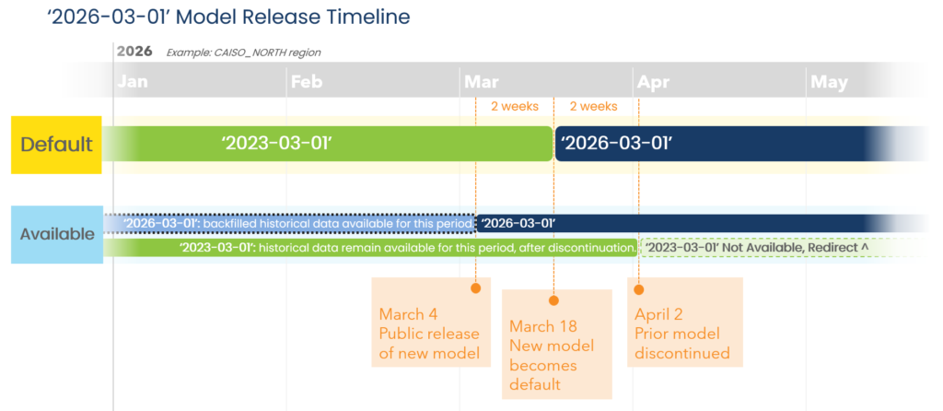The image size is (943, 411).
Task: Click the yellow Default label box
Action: pos(56,145)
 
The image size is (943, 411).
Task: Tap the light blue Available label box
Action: pos(57,234)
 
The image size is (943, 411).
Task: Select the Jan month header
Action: pos(133,82)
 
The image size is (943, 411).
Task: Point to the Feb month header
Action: pos(306,82)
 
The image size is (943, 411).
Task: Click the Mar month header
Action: pos(480,82)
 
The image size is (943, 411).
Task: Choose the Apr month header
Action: pos(653,82)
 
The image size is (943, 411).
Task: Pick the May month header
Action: pos(830,82)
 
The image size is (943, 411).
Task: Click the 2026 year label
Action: pos(134,52)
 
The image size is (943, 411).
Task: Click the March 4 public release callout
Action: pos(431,322)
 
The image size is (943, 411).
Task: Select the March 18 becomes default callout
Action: pos(557,345)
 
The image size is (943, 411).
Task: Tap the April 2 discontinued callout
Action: pos(685,322)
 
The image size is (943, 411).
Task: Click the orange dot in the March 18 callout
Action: pos(553,300)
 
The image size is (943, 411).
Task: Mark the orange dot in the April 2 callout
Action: pos(639,289)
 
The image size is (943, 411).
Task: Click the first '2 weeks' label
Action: pos(515,107)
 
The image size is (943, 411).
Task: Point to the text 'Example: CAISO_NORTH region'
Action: pos(243,53)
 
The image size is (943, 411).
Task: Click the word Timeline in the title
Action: pos(369,17)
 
